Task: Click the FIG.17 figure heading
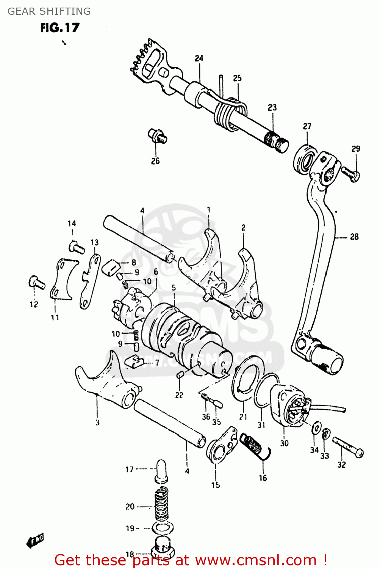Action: pyautogui.click(x=60, y=28)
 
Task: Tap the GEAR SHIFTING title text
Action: pyautogui.click(x=49, y=11)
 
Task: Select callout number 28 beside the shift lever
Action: pyautogui.click(x=354, y=237)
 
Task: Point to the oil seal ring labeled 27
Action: pyautogui.click(x=304, y=160)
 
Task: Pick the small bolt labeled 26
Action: pyautogui.click(x=157, y=136)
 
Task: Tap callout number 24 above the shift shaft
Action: pyautogui.click(x=199, y=58)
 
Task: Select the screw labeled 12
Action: pyautogui.click(x=36, y=283)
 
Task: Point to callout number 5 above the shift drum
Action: pyautogui.click(x=174, y=288)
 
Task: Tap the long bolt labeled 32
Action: pyautogui.click(x=348, y=447)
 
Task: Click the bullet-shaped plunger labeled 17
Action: pyautogui.click(x=162, y=471)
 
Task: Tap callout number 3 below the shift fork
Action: pyautogui.click(x=97, y=422)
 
